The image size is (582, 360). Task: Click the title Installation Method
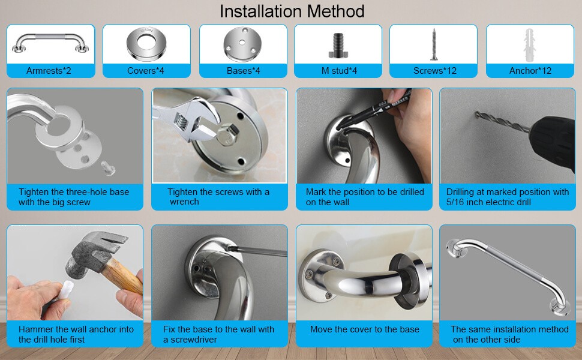point(292,11)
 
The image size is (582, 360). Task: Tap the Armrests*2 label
point(49,71)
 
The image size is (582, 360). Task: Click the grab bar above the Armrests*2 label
point(50,41)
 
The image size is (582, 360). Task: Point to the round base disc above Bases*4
point(242,44)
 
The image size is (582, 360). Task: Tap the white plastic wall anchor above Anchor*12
point(529,43)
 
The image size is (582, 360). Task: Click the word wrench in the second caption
point(184,202)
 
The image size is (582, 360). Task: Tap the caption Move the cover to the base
point(364,329)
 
